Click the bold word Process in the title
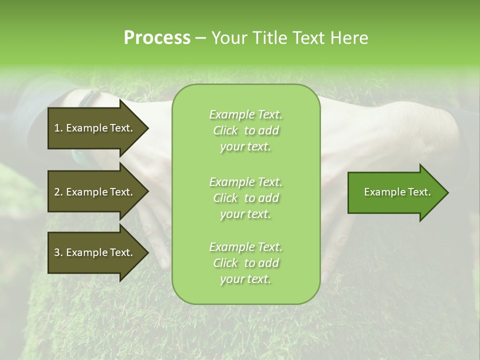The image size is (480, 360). (156, 38)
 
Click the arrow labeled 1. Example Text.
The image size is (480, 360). (93, 128)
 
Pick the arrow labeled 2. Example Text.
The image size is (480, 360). (93, 192)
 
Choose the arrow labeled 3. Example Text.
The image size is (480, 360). (93, 252)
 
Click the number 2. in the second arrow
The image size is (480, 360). (58, 192)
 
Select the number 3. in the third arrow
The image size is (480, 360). (58, 252)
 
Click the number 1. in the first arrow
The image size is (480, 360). (58, 128)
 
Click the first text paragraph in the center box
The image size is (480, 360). (245, 130)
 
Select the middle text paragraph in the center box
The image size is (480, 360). (245, 197)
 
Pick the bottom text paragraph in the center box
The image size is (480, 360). (245, 263)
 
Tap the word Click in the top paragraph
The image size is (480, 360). (225, 130)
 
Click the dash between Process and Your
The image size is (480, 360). (200, 38)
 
